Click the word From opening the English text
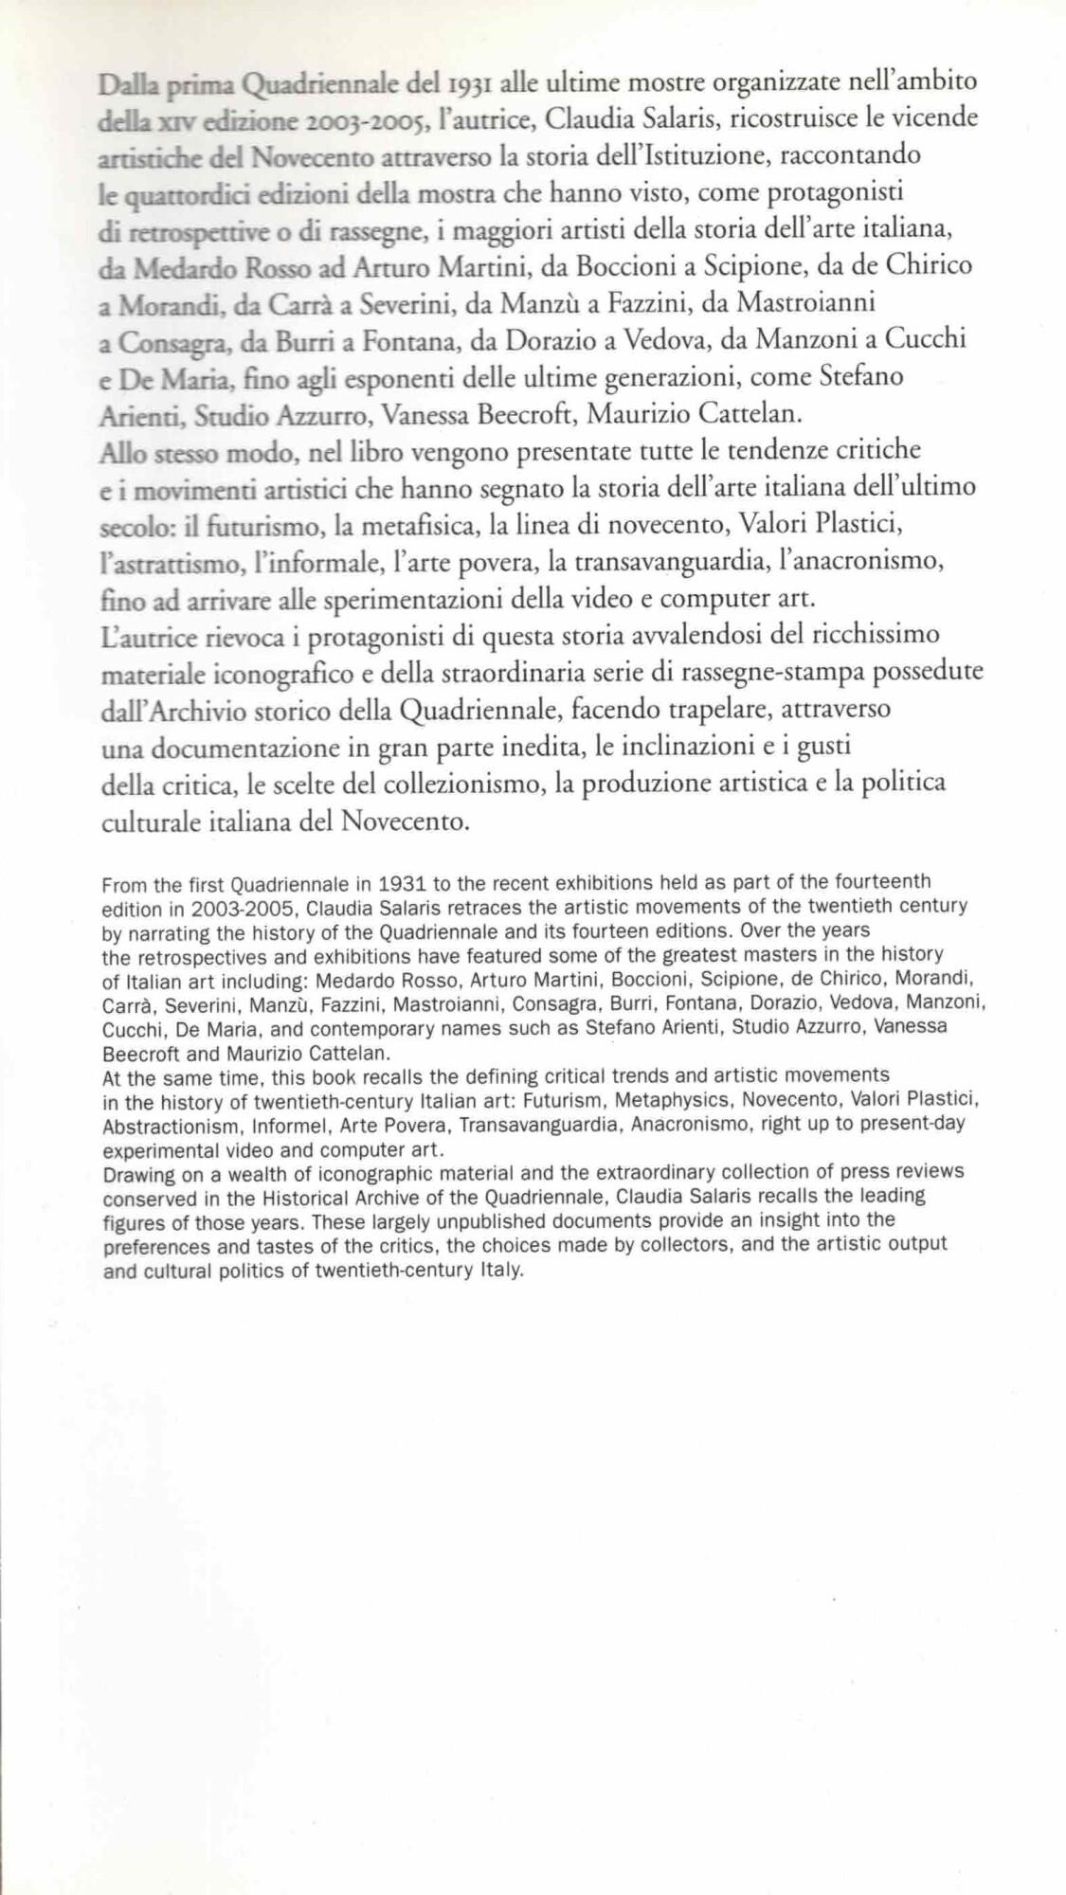pyautogui.click(x=123, y=885)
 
